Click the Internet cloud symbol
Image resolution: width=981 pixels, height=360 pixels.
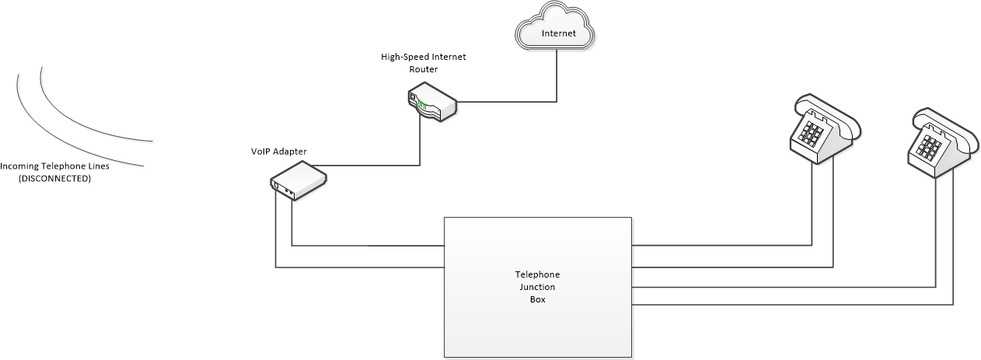pyautogui.click(x=555, y=26)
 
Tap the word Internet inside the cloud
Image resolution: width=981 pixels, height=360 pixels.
pyautogui.click(x=558, y=33)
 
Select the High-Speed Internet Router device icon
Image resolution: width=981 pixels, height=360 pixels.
pyautogui.click(x=432, y=101)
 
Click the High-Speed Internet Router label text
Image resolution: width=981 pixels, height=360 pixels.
pyautogui.click(x=424, y=63)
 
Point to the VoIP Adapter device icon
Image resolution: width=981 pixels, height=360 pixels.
pyautogui.click(x=298, y=180)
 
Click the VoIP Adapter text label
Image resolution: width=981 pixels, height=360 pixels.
pyautogui.click(x=278, y=152)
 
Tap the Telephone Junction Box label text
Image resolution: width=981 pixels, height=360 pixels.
pyautogui.click(x=537, y=287)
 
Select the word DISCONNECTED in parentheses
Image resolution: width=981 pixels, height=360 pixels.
pyautogui.click(x=54, y=179)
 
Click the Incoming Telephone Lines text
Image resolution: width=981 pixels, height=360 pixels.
pyautogui.click(x=54, y=166)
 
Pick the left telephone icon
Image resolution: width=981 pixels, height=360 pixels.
pyautogui.click(x=826, y=129)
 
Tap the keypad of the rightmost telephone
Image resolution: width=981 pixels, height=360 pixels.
pyautogui.click(x=930, y=146)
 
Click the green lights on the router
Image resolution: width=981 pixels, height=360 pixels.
pyautogui.click(x=422, y=105)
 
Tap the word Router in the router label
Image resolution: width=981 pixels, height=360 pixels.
pyautogui.click(x=424, y=69)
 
